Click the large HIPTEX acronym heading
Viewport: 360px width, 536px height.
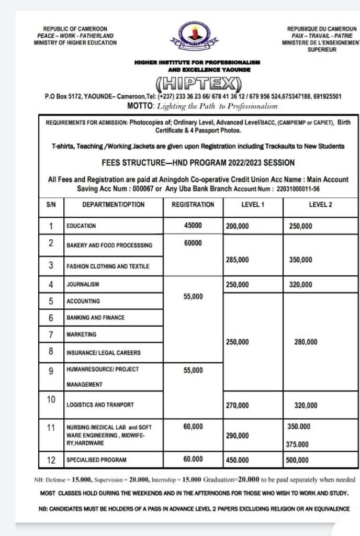click(198, 83)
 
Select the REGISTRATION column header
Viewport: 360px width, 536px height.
click(193, 205)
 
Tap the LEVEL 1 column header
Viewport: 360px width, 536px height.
click(253, 205)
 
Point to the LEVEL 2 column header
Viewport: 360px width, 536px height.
click(320, 205)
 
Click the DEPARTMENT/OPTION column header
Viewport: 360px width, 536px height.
click(113, 205)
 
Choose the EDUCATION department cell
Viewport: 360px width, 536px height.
click(82, 226)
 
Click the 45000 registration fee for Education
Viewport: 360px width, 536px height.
click(193, 226)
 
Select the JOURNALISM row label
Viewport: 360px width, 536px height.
click(83, 285)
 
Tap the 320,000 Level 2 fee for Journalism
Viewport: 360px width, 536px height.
click(300, 285)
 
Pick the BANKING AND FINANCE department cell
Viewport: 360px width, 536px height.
click(95, 318)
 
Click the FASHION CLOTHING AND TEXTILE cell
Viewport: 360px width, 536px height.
click(107, 266)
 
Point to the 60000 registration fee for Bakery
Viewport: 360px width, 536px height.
click(193, 243)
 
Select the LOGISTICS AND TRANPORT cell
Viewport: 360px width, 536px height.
click(99, 405)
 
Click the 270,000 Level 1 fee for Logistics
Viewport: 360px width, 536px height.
click(238, 405)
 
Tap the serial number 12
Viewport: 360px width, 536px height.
click(51, 460)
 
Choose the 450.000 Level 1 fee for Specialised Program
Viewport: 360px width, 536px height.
click(238, 461)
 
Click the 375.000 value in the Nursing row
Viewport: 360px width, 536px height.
click(297, 445)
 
